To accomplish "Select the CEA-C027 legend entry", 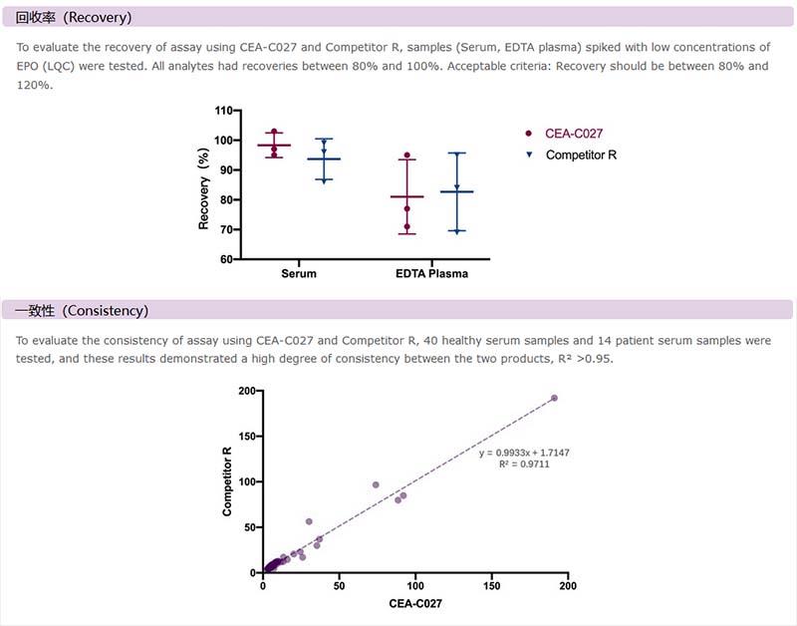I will tap(573, 134).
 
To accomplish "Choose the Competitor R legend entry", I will tap(581, 155).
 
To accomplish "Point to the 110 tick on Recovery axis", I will tap(222, 111).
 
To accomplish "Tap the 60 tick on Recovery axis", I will tap(225, 259).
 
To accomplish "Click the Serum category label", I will tap(299, 274).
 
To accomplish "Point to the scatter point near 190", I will tap(554, 398).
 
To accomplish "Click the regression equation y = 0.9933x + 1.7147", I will tap(524, 453).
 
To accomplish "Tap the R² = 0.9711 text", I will tap(524, 465).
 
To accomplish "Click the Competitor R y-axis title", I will tap(227, 481).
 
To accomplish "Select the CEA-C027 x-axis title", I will tap(414, 604).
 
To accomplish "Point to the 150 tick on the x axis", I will tap(491, 587).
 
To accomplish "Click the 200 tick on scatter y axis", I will tap(245, 391).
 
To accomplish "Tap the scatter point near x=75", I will tap(376, 484).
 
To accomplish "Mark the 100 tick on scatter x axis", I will tap(415, 587).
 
